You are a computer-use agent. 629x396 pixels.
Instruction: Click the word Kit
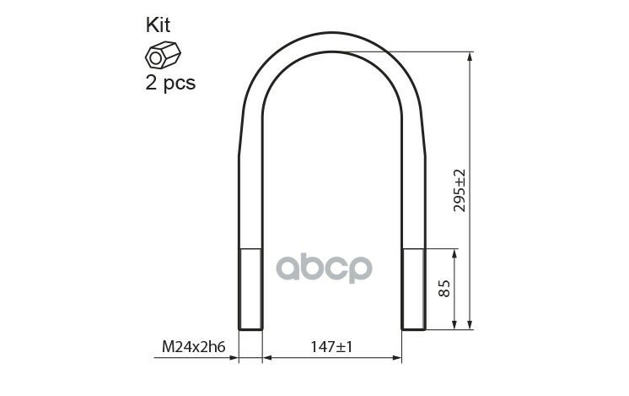click(x=158, y=24)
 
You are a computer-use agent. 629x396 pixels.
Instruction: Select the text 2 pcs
click(x=170, y=83)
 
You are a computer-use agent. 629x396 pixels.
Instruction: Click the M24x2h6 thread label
click(x=193, y=346)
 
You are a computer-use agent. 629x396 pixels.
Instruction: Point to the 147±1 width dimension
click(x=331, y=346)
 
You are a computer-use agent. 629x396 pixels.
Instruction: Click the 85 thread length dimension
click(x=444, y=288)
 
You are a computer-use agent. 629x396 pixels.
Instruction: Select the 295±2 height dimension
click(x=460, y=190)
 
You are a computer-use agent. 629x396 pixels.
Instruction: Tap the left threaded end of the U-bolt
click(x=250, y=289)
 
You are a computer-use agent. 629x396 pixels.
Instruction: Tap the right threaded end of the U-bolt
click(x=414, y=289)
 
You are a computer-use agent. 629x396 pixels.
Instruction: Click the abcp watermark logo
click(x=324, y=268)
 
